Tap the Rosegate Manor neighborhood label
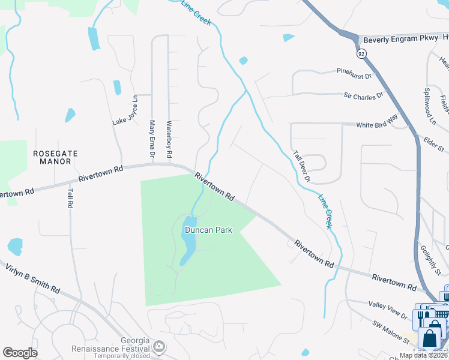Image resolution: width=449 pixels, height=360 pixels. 55,157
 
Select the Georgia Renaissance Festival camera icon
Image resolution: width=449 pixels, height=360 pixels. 158,346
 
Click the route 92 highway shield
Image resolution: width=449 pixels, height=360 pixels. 361,53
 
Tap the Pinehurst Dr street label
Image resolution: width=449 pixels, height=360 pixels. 354,72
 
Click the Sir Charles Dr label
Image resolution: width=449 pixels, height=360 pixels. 363,95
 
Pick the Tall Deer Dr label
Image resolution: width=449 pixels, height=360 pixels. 301,166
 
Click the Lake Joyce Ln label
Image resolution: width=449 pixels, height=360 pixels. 125,110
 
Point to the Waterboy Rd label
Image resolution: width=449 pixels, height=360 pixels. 169,140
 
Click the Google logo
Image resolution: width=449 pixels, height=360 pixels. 20,353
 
